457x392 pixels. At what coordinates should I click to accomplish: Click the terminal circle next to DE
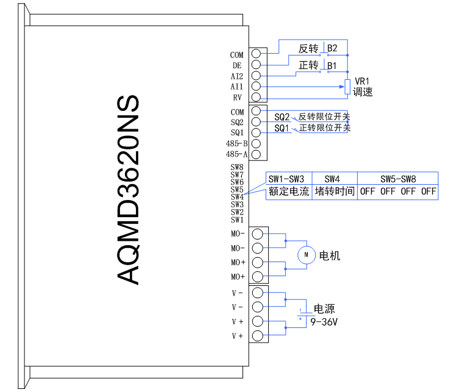pyautogui.click(x=257, y=65)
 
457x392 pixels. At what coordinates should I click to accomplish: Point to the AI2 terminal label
pyautogui.click(x=237, y=76)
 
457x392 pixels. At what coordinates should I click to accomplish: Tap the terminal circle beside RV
pyautogui.click(x=257, y=98)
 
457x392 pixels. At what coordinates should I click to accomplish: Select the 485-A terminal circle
pyautogui.click(x=257, y=154)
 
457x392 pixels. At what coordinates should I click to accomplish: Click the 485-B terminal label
pyautogui.click(x=236, y=144)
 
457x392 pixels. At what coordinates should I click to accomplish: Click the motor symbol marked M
pyautogui.click(x=307, y=254)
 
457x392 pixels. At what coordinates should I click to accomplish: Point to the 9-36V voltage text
pyautogui.click(x=324, y=321)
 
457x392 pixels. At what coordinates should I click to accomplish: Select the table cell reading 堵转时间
pyautogui.click(x=335, y=191)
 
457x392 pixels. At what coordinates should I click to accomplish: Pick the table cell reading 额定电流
pyautogui.click(x=289, y=191)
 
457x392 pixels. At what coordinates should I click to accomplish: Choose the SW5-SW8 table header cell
pyautogui.click(x=398, y=179)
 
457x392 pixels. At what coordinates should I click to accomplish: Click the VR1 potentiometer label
pyautogui.click(x=363, y=81)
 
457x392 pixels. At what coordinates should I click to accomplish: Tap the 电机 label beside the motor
pyautogui.click(x=330, y=255)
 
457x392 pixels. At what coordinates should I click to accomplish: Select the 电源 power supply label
pyautogui.click(x=324, y=309)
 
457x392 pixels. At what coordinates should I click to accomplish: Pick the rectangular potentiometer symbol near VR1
pyautogui.click(x=347, y=87)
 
